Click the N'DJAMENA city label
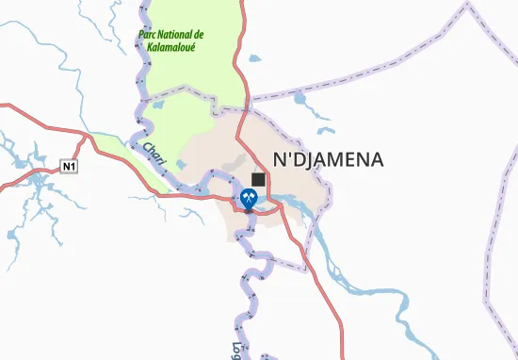pos(327,159)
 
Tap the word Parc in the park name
pos(151,36)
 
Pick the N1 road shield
pos(67,167)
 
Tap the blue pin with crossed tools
pos(250,200)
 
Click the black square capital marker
pos(258,178)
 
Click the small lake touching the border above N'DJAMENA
pos(302,97)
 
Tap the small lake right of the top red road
pos(255,57)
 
